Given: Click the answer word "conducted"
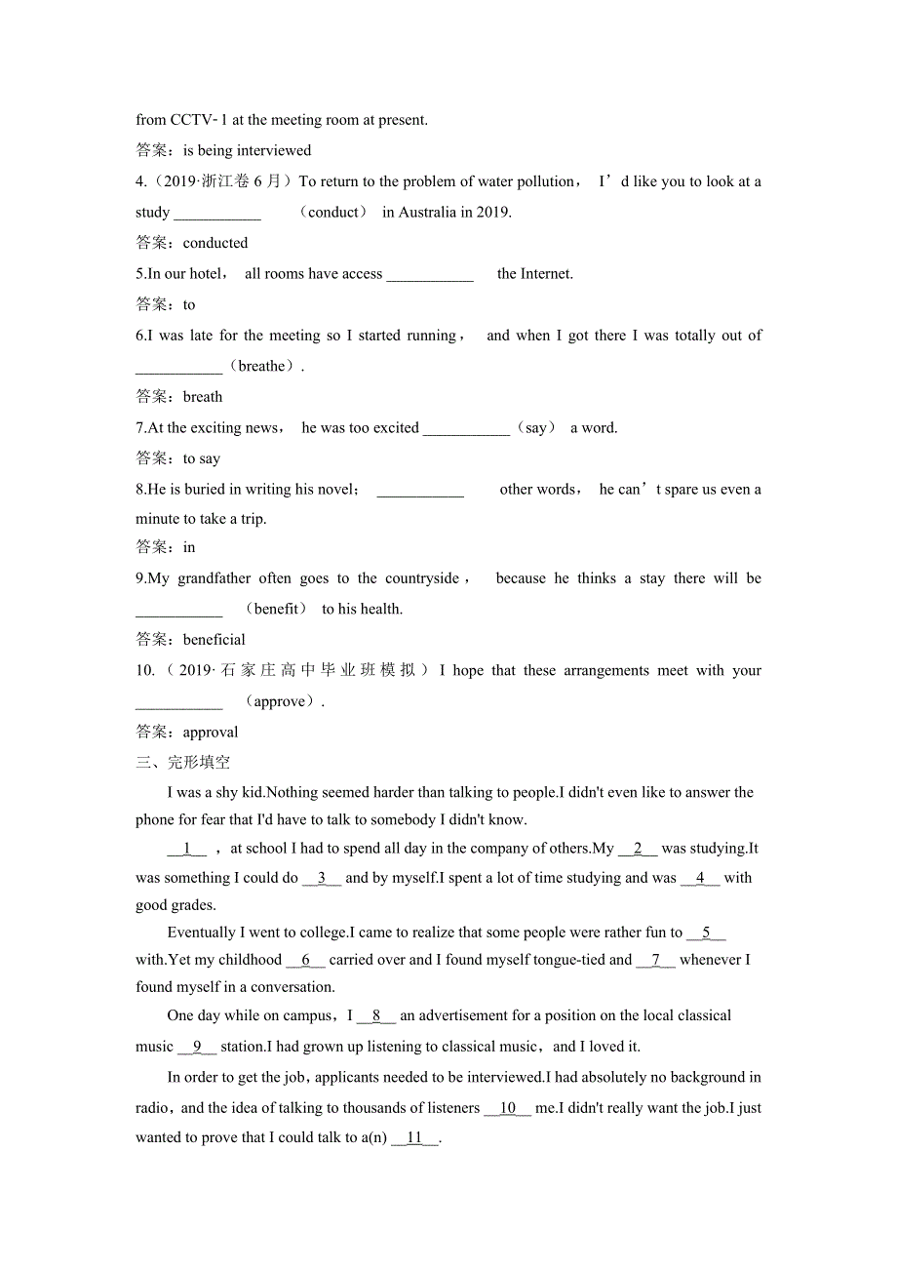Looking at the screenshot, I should [215, 243].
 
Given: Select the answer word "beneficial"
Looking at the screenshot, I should [214, 640].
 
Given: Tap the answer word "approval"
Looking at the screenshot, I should [211, 733].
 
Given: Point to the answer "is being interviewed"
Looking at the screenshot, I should [248, 150].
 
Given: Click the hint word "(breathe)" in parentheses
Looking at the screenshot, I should [262, 367].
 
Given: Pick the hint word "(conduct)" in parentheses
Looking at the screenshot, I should [333, 212].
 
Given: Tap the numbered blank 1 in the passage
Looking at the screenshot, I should [187, 849].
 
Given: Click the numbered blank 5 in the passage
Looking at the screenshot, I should [706, 933].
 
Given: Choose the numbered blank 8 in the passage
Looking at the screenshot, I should [376, 1015].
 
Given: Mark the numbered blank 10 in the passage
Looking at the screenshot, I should [507, 1108].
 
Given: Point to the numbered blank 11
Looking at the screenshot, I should [415, 1137].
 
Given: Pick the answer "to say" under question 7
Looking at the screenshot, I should [202, 458].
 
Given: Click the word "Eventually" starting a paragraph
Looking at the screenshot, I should [201, 933].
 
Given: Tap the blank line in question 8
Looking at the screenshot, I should [420, 490].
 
